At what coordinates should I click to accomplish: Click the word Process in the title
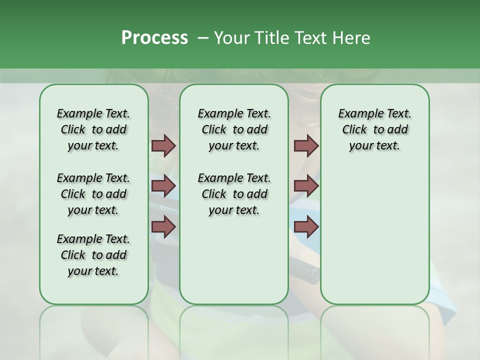[x=154, y=38]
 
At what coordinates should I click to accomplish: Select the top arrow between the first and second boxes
[x=163, y=145]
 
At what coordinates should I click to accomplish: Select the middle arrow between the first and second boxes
[x=163, y=186]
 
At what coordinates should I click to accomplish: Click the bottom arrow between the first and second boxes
[x=163, y=226]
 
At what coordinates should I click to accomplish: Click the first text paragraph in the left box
[x=93, y=129]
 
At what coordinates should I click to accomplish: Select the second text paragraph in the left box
[x=93, y=194]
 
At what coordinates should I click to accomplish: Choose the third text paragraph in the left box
[x=93, y=255]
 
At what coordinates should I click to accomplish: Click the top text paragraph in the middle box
[x=234, y=129]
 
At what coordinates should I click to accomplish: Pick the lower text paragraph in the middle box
[x=234, y=194]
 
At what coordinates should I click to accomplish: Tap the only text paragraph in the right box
[x=374, y=129]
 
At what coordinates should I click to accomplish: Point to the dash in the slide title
[x=202, y=38]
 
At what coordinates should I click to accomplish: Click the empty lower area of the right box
[x=374, y=235]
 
